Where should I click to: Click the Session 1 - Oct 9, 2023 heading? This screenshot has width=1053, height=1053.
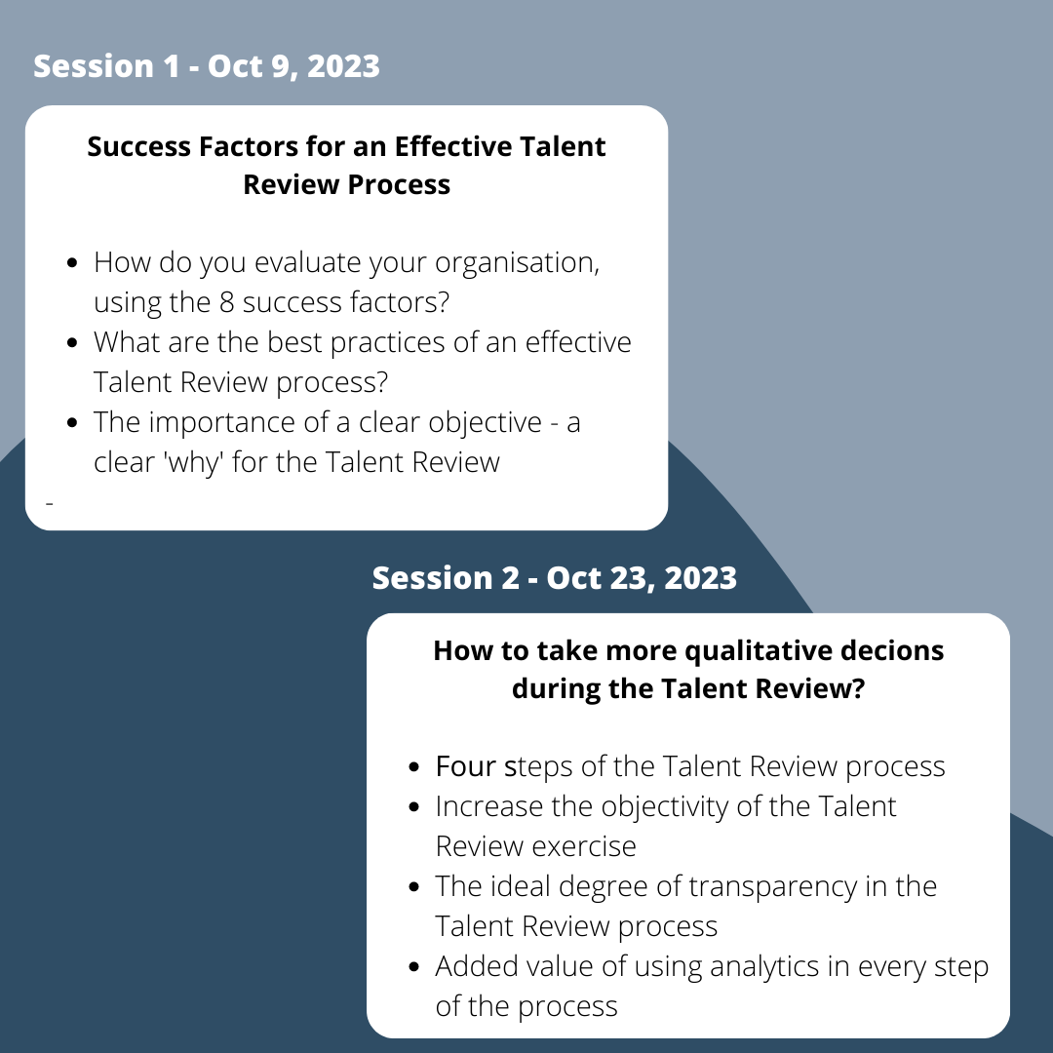(x=206, y=66)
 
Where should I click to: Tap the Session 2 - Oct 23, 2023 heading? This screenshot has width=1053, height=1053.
(x=554, y=578)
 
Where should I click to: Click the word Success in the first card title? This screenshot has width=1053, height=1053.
(x=138, y=146)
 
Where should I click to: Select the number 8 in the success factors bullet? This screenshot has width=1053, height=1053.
(x=227, y=302)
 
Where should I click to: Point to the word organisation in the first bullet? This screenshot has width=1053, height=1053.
(x=517, y=263)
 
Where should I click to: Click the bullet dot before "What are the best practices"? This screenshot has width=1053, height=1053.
(x=73, y=342)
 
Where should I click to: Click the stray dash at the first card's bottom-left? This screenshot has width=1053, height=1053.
(x=49, y=502)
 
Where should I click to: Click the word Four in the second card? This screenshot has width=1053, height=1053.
(x=465, y=766)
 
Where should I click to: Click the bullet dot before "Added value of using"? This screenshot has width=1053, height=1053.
(x=414, y=967)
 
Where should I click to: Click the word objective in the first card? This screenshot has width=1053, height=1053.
(x=485, y=423)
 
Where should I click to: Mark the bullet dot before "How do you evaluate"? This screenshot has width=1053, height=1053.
(x=73, y=262)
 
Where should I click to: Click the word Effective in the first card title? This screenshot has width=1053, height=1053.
(x=449, y=146)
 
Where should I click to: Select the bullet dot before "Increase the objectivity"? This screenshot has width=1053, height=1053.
(x=414, y=806)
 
